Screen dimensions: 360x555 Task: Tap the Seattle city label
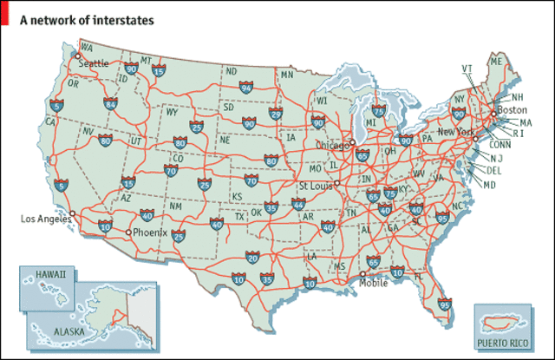tap(94, 63)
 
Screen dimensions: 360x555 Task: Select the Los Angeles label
tap(42, 219)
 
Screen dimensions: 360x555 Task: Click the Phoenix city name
tap(150, 232)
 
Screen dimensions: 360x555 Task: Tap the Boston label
tap(513, 110)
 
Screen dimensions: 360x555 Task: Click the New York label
tap(459, 131)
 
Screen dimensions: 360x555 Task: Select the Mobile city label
tap(375, 282)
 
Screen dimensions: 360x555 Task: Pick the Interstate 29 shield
tap(276, 114)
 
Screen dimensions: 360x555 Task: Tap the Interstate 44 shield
tap(299, 204)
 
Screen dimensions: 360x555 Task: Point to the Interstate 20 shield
tap(252, 257)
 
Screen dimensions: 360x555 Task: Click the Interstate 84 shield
tap(110, 104)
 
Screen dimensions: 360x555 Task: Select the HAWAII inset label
tap(51, 274)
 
